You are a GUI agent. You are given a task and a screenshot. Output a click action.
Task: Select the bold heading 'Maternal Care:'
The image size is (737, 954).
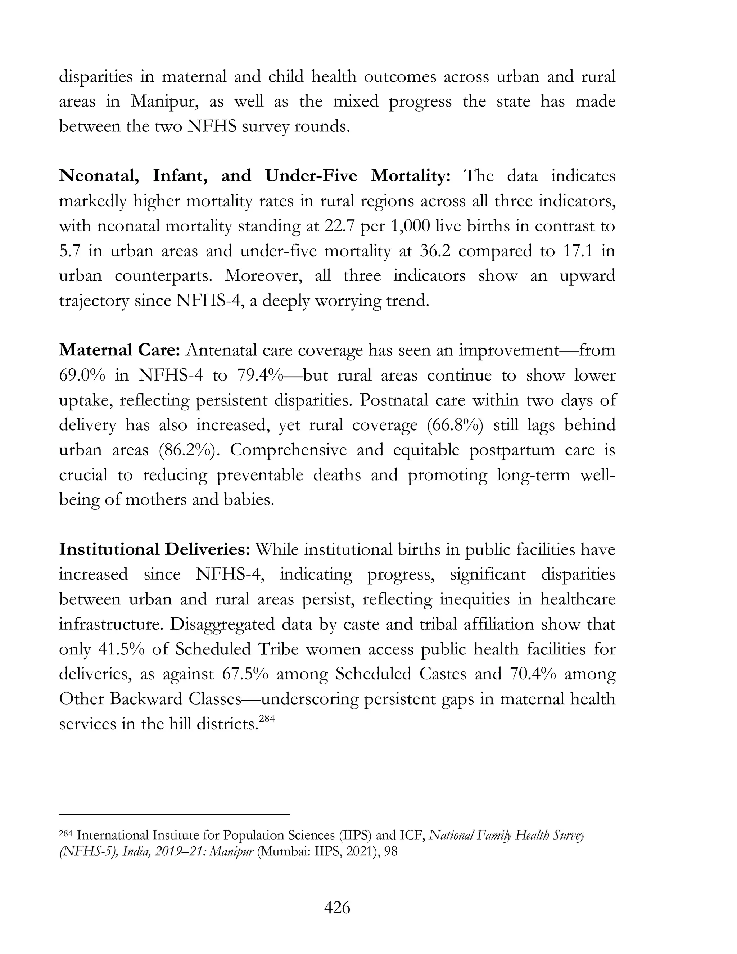point(119,350)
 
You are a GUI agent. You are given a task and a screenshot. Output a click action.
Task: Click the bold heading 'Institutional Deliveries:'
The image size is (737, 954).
point(154,549)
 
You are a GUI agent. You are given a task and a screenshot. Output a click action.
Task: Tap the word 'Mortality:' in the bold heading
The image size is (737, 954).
point(410,176)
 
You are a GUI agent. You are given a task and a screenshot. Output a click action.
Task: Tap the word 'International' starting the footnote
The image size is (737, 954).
point(113,836)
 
